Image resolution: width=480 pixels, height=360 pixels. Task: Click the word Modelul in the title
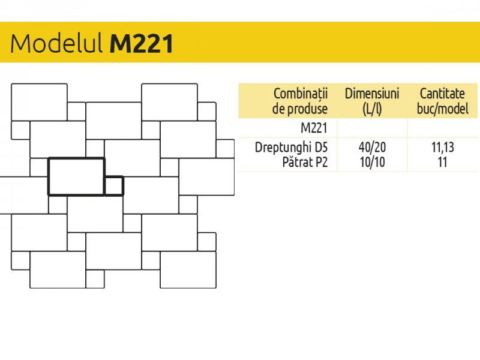tap(56, 43)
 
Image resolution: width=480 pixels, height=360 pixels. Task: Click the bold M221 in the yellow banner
tap(142, 43)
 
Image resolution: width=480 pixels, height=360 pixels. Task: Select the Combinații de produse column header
tap(300, 101)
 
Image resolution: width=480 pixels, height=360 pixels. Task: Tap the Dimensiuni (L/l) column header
tap(372, 101)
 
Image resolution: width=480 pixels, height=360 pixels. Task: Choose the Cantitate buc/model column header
tap(442, 101)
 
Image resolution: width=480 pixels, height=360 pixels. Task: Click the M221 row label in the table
tap(314, 128)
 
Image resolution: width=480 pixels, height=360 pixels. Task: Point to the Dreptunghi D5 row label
tap(291, 147)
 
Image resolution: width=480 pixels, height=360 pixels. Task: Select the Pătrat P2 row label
tap(305, 162)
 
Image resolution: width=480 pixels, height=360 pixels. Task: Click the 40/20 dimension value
tap(372, 147)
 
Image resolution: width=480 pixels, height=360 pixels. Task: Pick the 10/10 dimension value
tap(372, 162)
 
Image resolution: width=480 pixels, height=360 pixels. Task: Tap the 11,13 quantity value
tap(443, 148)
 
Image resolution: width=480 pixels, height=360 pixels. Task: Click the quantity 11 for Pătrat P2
tap(443, 162)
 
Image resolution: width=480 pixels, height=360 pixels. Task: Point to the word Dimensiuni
tap(372, 94)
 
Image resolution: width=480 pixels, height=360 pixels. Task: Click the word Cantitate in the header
tap(442, 94)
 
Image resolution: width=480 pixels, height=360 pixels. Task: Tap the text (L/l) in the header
tap(372, 109)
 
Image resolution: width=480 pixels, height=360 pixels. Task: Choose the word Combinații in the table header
tap(301, 94)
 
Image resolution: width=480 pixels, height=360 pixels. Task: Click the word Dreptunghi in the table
tap(283, 148)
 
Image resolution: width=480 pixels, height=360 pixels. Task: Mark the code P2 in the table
tap(321, 162)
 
